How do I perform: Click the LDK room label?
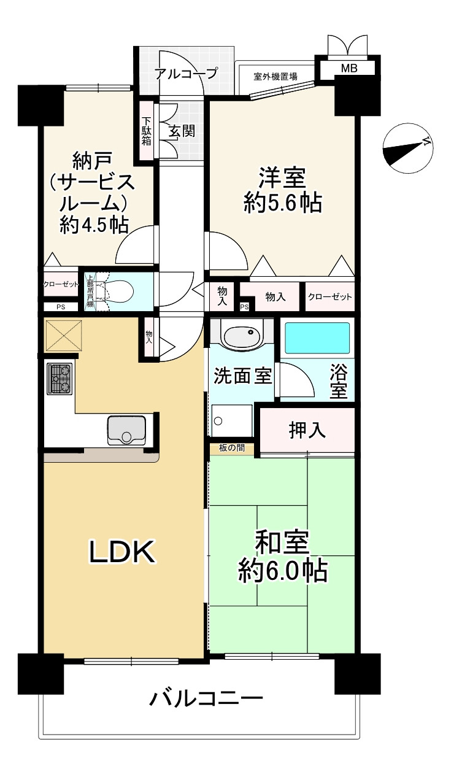pyautogui.click(x=121, y=552)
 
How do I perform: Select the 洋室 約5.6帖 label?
pyautogui.click(x=282, y=190)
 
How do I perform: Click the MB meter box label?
pyautogui.click(x=349, y=68)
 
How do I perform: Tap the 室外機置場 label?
pyautogui.click(x=275, y=76)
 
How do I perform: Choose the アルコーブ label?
pyautogui.click(x=187, y=74)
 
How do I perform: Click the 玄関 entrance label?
pyautogui.click(x=182, y=131)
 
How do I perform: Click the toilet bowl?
pyautogui.click(x=119, y=292)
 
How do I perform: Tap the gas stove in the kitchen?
pyautogui.click(x=60, y=379)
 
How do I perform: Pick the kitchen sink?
pyautogui.click(x=126, y=430)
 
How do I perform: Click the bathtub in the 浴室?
pyautogui.click(x=317, y=338)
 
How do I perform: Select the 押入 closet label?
pyautogui.click(x=307, y=430)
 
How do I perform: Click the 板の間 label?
pyautogui.click(x=232, y=448)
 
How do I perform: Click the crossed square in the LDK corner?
pyautogui.click(x=63, y=334)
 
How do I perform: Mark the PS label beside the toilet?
pyautogui.click(x=61, y=307)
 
